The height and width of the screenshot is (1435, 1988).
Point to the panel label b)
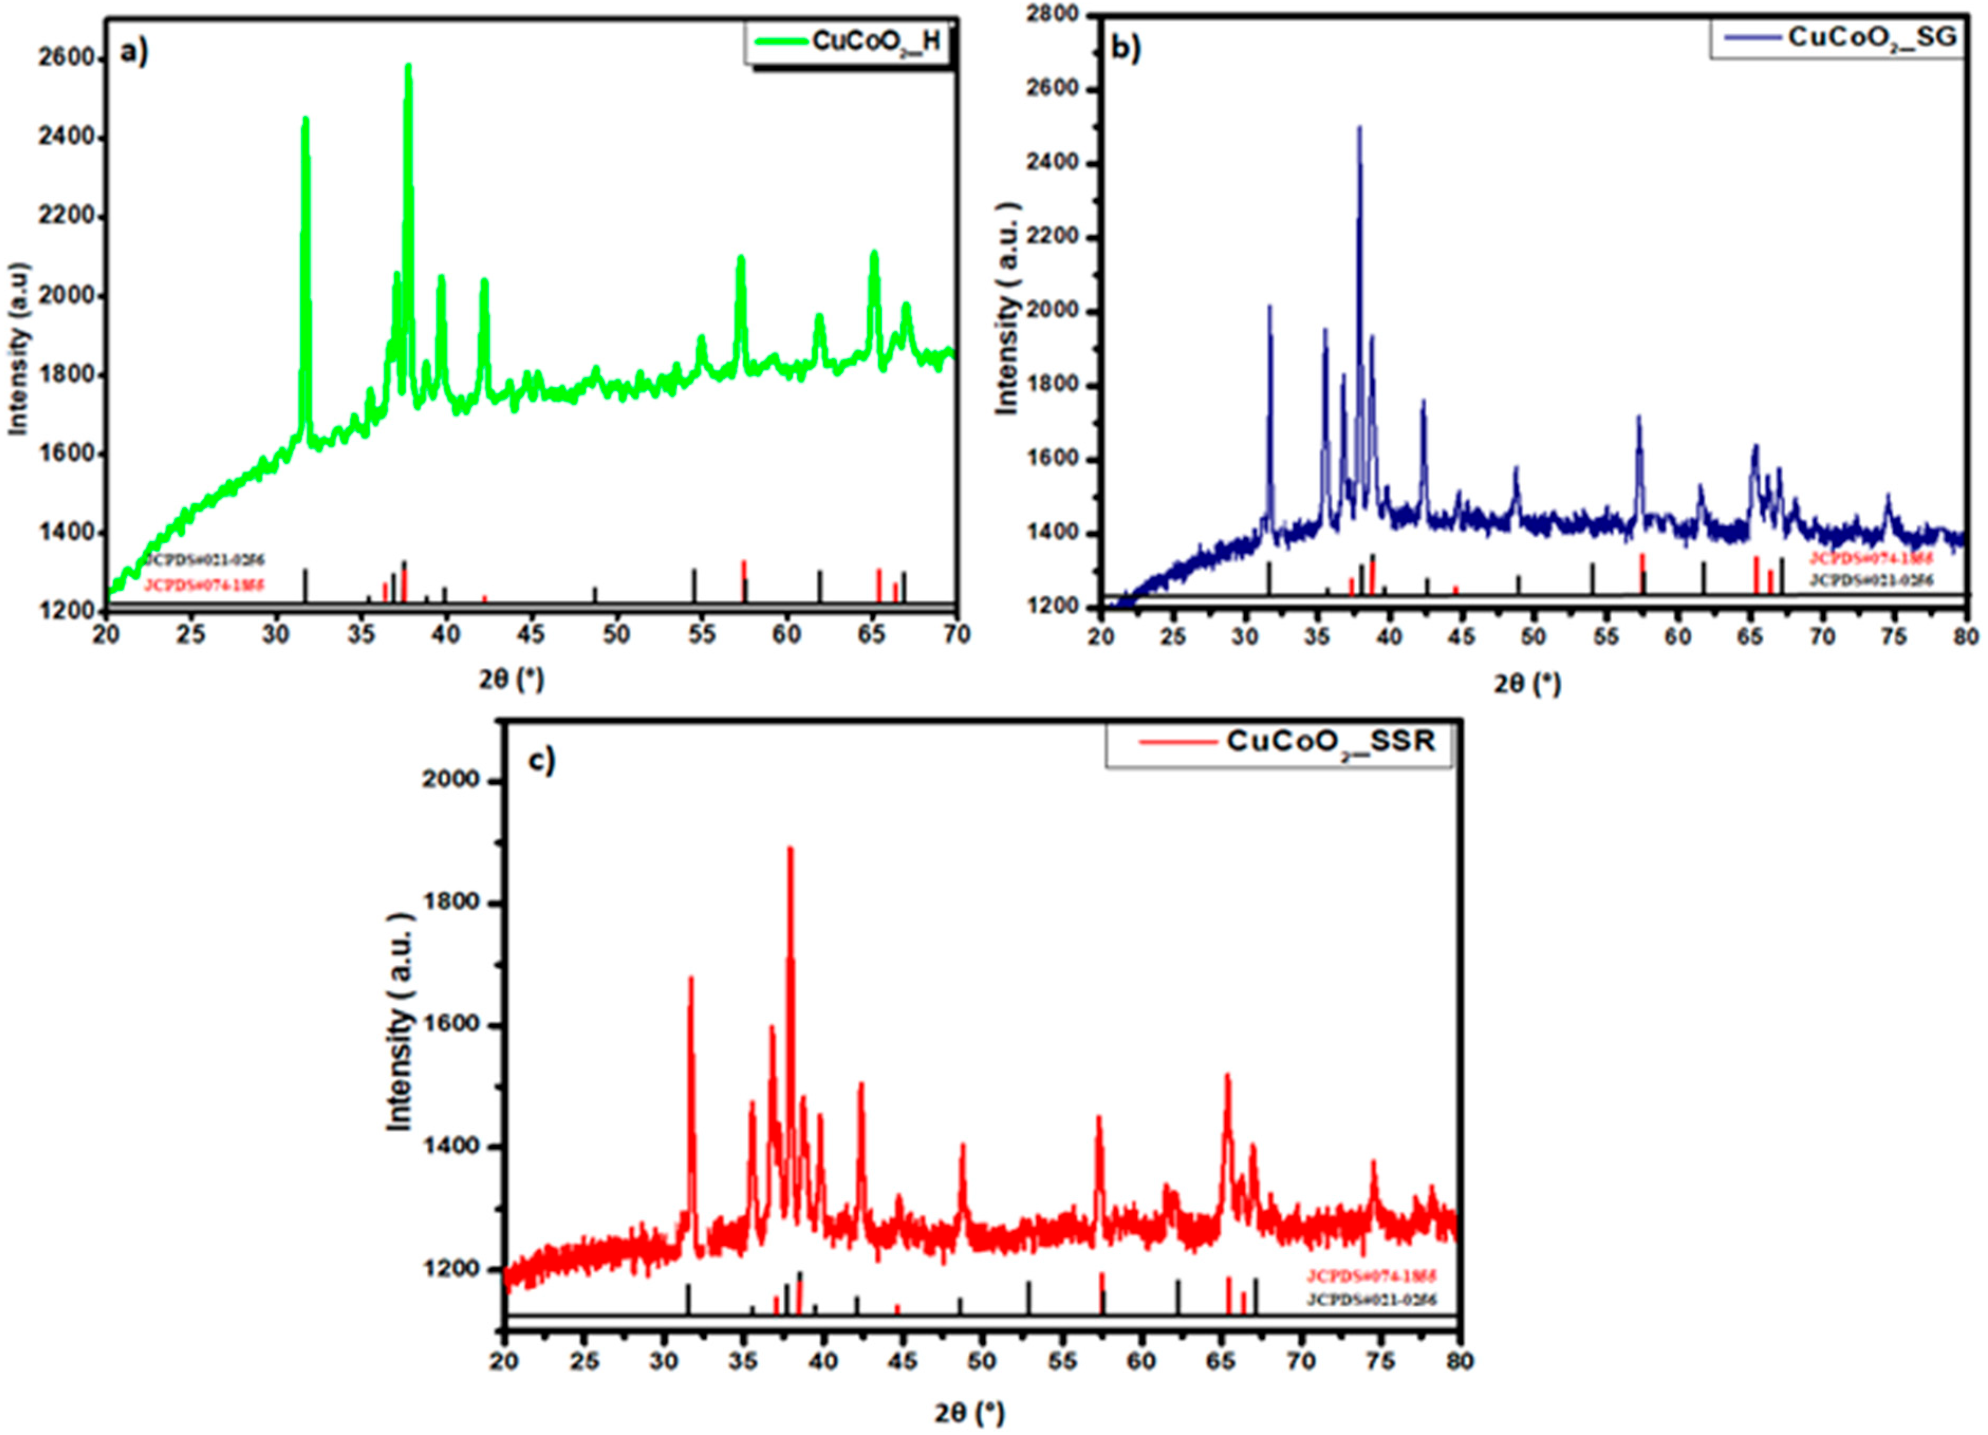point(1125,48)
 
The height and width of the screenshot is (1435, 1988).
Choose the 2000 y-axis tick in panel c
point(451,780)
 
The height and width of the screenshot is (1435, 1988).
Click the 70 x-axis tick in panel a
point(955,635)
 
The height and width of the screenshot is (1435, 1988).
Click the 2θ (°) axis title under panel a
point(511,679)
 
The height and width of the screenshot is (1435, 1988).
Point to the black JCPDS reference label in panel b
point(1871,580)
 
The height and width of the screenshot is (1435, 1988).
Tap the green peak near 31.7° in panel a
point(305,120)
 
